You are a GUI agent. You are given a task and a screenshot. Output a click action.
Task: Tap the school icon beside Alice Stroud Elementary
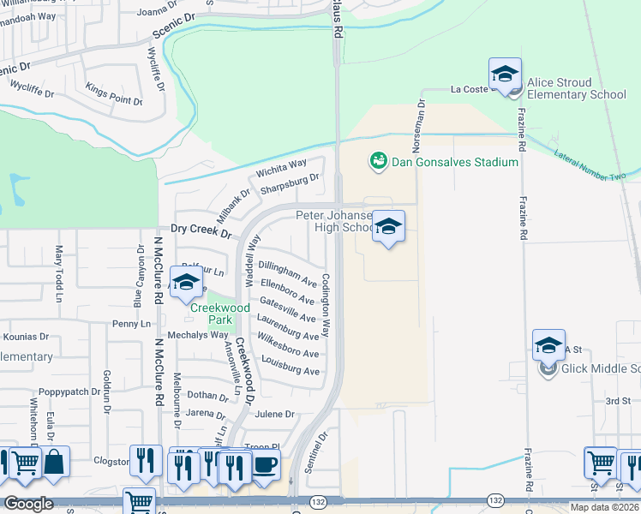coord(506,75)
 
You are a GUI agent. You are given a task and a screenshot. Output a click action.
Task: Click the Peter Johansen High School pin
coord(388,228)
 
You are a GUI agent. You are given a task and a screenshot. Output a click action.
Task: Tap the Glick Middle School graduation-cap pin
coord(548,346)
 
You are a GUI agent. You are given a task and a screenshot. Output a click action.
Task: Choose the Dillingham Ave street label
coord(288,273)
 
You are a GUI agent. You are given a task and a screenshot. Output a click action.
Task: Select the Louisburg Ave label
coord(291,370)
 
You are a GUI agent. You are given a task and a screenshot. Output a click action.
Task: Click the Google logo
coord(28,504)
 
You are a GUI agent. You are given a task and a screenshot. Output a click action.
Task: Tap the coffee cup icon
coord(265,465)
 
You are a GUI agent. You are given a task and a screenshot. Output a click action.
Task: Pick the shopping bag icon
coord(54,462)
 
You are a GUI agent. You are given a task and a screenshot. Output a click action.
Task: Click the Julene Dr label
coord(274,414)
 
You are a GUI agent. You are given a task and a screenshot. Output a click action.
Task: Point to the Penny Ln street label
coord(131,324)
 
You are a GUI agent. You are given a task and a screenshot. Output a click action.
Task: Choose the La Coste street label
coord(469,88)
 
